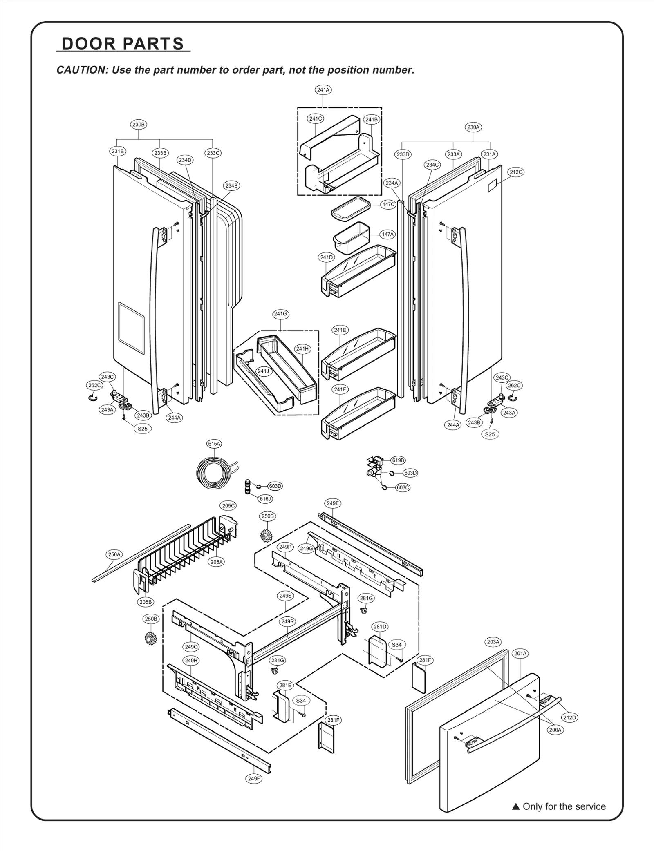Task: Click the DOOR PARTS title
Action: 123,44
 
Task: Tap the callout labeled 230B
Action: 139,125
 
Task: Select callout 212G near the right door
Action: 516,172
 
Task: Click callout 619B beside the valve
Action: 398,460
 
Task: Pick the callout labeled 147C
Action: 388,204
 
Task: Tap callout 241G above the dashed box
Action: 280,314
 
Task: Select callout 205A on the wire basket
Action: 217,562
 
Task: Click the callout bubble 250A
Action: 114,554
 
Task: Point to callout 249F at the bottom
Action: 254,778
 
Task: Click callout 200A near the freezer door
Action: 555,730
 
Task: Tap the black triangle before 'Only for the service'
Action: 516,806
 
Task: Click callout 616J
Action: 265,498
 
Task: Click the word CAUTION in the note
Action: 81,70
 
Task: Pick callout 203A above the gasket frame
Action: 493,642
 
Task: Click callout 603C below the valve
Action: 403,487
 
